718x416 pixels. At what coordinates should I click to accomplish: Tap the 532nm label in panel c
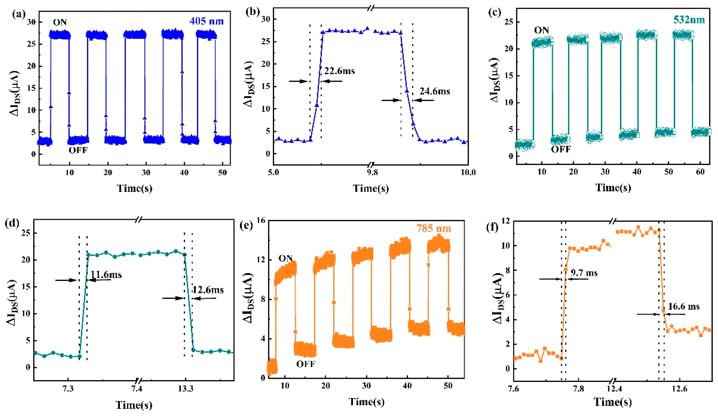pyautogui.click(x=689, y=20)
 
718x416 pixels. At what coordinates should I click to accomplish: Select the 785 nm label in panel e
pyautogui.click(x=434, y=228)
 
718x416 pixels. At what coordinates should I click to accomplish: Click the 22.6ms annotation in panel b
pyautogui.click(x=339, y=71)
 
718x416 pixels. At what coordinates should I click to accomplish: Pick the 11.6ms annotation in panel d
pyautogui.click(x=106, y=275)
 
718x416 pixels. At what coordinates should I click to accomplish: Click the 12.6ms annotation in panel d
pyautogui.click(x=208, y=290)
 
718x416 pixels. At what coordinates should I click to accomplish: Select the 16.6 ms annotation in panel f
pyautogui.click(x=684, y=307)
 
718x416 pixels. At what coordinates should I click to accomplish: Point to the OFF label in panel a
pyautogui.click(x=78, y=150)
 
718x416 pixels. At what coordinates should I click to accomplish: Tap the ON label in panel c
pyautogui.click(x=541, y=30)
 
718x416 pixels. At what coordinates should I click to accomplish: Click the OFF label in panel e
pyautogui.click(x=306, y=364)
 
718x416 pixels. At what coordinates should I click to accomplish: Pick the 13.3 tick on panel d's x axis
pyautogui.click(x=186, y=389)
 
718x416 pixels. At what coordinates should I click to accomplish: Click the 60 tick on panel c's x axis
pyautogui.click(x=700, y=172)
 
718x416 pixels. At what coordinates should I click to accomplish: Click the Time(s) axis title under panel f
pyautogui.click(x=613, y=402)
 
